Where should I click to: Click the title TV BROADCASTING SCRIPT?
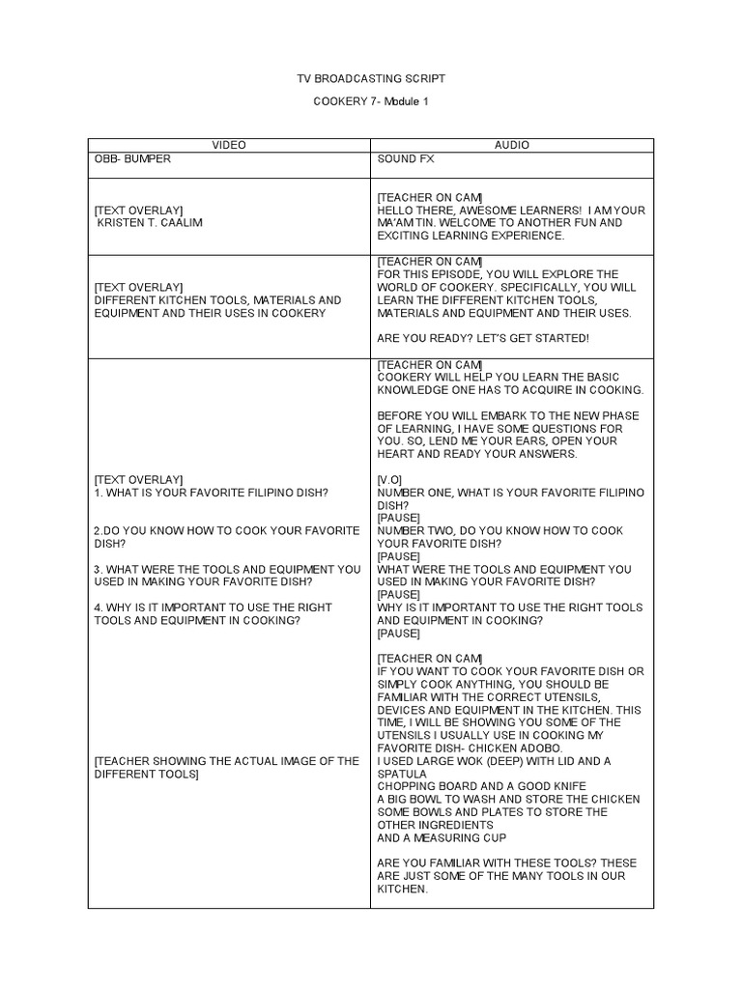(x=371, y=77)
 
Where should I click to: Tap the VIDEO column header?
(x=229, y=145)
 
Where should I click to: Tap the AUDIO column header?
(x=512, y=145)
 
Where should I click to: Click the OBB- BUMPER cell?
(x=132, y=158)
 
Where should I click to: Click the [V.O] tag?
(x=390, y=479)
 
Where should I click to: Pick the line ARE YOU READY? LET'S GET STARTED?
(x=482, y=338)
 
